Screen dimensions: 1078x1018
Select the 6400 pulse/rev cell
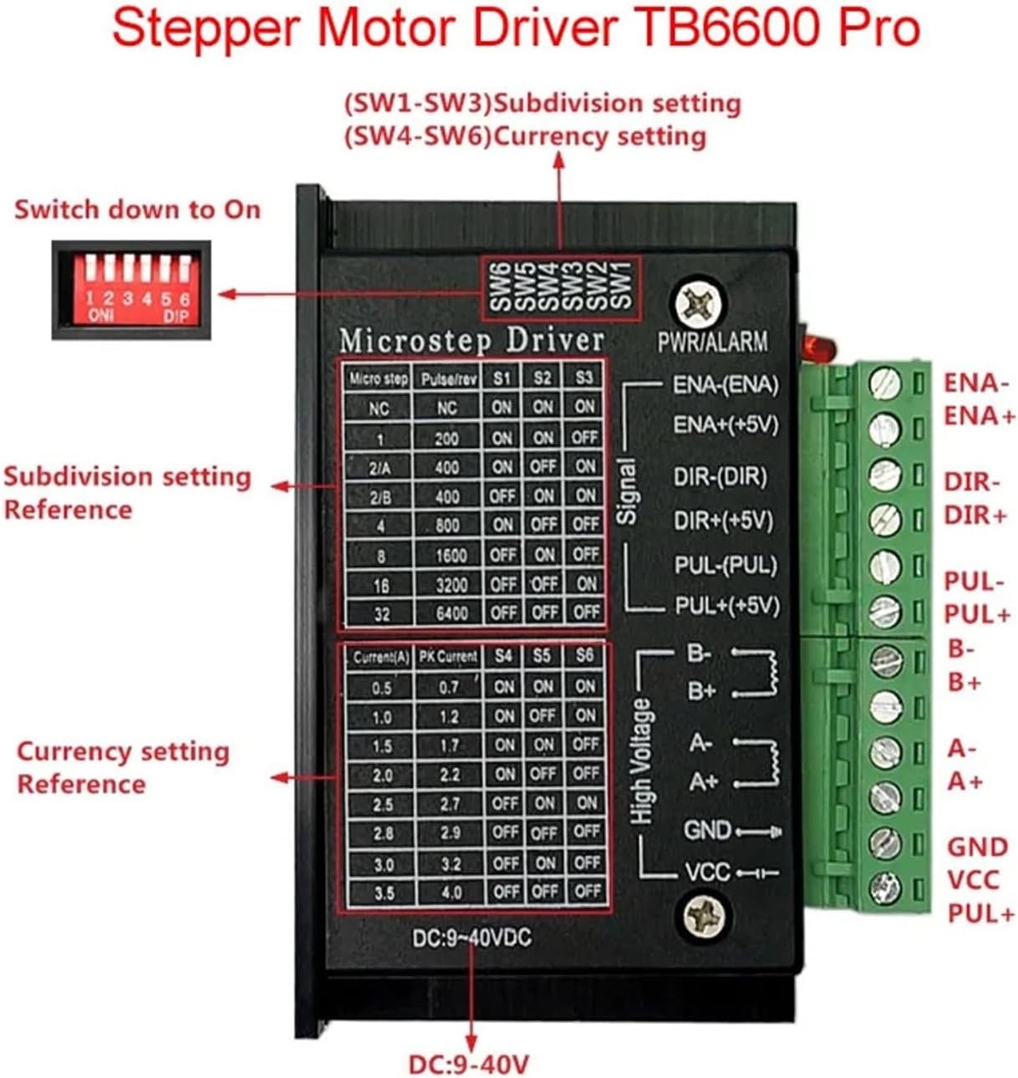click(451, 613)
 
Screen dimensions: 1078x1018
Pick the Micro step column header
click(379, 379)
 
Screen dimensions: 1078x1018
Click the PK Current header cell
click(449, 657)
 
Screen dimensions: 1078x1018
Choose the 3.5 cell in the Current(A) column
click(384, 892)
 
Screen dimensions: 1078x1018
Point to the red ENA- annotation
click(971, 383)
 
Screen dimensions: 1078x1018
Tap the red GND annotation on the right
click(977, 847)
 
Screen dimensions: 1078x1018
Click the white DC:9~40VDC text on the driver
click(471, 938)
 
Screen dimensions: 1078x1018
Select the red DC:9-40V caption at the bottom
click(468, 1065)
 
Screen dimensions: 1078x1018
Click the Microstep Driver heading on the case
click(471, 341)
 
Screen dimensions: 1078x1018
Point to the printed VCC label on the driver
click(707, 872)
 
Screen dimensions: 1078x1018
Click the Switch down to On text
click(137, 209)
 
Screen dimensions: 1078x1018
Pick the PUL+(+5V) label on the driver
click(726, 605)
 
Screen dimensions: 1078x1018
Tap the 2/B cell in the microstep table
click(379, 497)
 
